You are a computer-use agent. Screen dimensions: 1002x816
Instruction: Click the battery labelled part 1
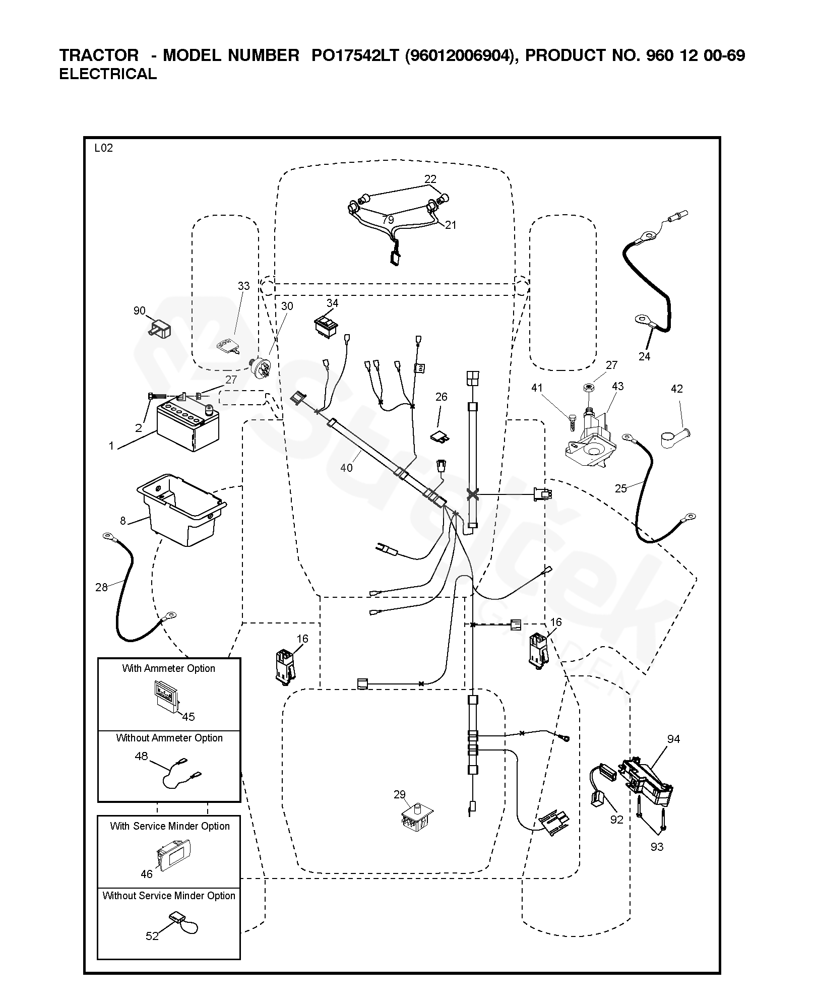[x=187, y=427]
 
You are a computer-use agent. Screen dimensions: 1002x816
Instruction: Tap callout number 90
[x=139, y=311]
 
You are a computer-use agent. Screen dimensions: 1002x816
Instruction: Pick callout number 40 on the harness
[x=346, y=468]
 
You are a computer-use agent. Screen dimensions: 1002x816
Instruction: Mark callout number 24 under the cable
[x=644, y=356]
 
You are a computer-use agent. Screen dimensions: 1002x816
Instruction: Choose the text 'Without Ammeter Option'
[x=169, y=738]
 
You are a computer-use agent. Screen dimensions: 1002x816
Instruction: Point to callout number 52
[x=152, y=936]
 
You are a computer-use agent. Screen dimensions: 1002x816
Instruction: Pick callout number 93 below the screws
[x=657, y=847]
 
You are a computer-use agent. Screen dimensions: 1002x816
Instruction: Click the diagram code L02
[x=103, y=148]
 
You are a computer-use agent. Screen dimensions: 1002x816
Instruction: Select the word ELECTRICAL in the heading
[x=108, y=74]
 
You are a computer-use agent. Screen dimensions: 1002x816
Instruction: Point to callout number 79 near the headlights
[x=388, y=220]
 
